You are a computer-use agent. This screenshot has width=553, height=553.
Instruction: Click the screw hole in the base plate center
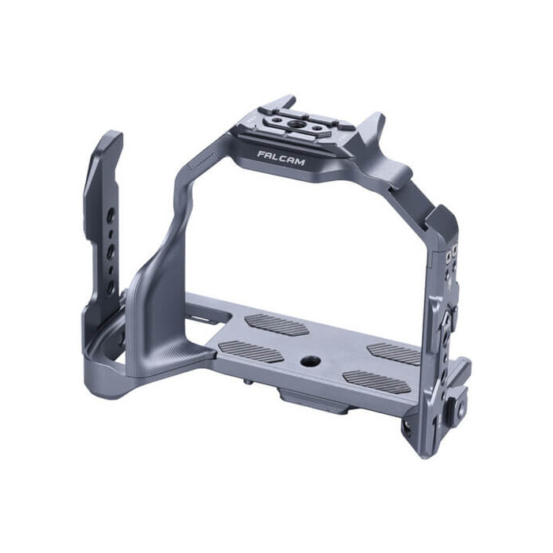(x=306, y=361)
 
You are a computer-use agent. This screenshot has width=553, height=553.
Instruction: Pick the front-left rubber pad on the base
(x=250, y=352)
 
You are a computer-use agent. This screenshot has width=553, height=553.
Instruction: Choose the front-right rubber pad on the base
(x=378, y=382)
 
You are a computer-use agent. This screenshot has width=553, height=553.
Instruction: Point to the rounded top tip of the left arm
(x=111, y=140)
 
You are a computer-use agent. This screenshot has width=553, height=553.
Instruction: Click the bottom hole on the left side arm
(x=111, y=288)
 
